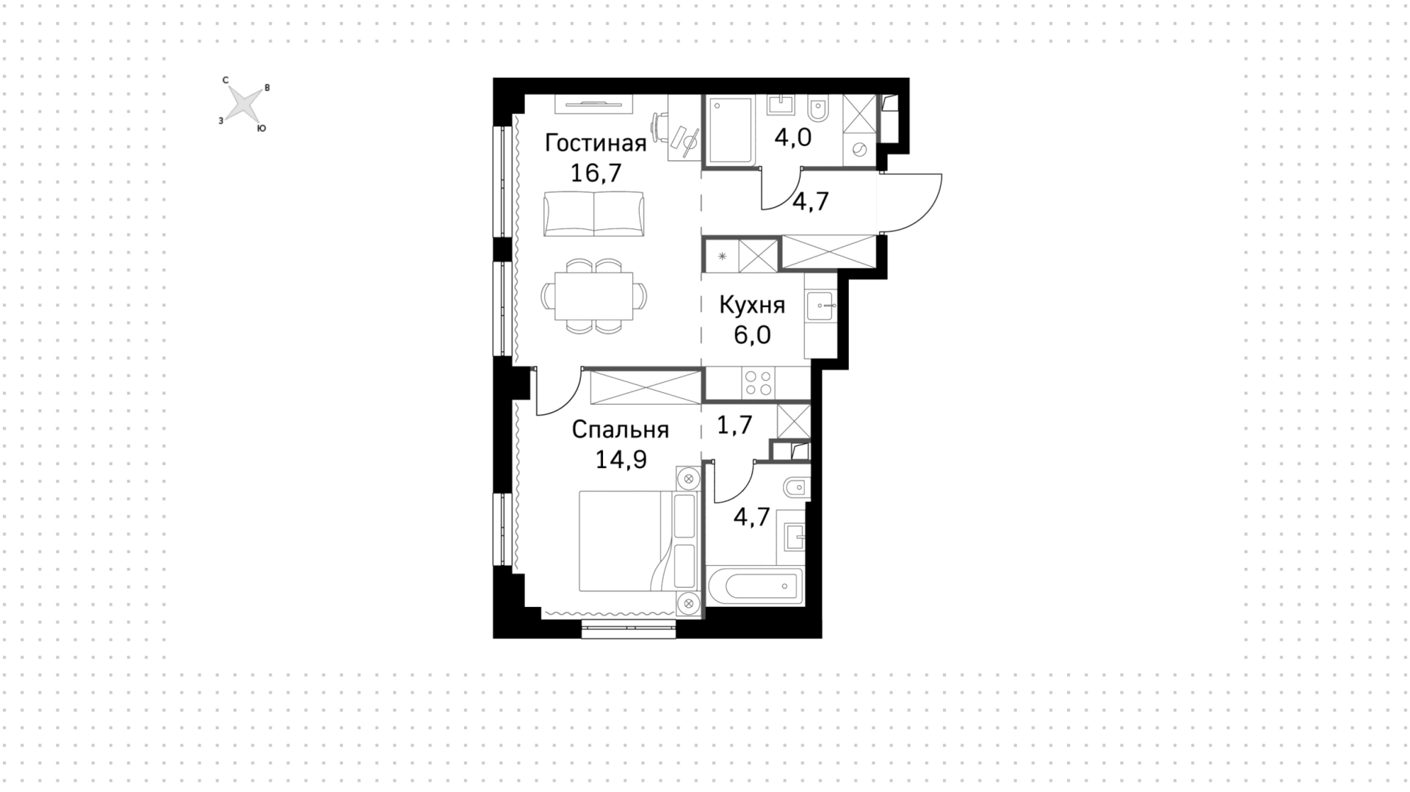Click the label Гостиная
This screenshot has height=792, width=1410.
pos(596,143)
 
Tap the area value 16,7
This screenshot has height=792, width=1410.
pos(596,173)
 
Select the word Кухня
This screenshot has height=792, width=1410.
pos(752,305)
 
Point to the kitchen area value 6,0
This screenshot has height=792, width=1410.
pos(752,335)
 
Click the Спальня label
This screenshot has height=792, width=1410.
pos(621,429)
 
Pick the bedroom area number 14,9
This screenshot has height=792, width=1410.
pos(621,460)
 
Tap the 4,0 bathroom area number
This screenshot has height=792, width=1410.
pos(793,137)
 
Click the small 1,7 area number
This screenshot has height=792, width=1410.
pos(734,425)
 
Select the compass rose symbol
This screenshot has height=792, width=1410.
pos(243,104)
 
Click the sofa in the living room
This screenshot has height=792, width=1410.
pos(594,214)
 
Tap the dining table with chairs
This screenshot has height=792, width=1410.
pos(594,295)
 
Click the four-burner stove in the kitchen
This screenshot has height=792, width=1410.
pos(759,383)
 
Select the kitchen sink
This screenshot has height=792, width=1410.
pos(820,305)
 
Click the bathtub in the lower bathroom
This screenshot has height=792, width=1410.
pos(755,586)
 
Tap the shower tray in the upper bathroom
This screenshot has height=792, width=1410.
pos(729,130)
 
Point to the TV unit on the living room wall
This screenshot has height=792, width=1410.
pos(593,104)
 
